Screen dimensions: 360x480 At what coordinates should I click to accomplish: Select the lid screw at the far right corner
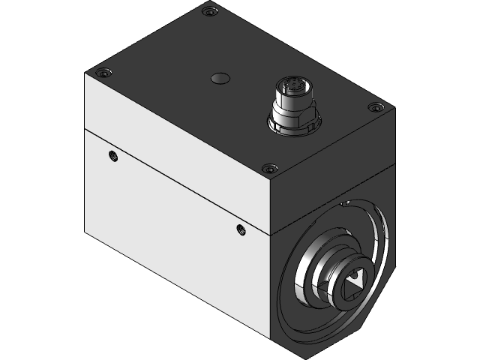point(375,108)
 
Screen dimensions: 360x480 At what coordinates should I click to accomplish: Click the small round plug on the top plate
point(220,78)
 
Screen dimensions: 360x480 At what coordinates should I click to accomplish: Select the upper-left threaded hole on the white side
point(113,156)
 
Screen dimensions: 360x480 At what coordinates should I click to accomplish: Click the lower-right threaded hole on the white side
point(240,229)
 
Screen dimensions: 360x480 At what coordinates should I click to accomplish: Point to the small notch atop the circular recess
point(345,202)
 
